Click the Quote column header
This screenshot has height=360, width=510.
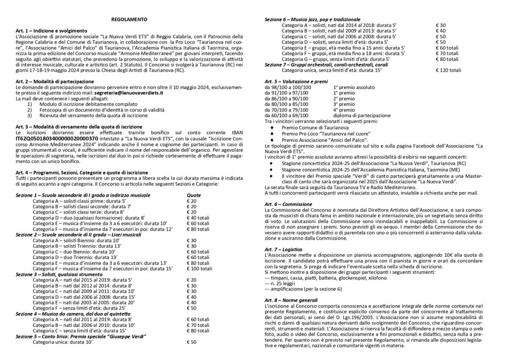193,195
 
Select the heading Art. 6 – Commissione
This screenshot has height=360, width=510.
289,204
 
